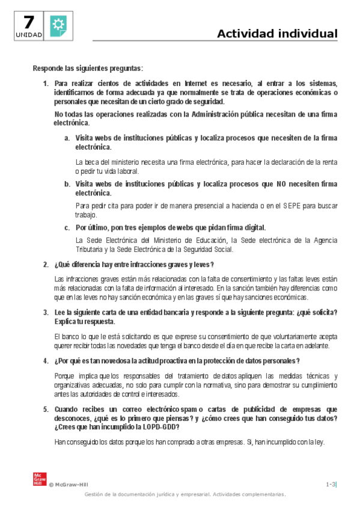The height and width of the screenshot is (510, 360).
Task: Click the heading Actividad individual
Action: [x=277, y=34]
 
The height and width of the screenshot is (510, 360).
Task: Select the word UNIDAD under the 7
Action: [x=28, y=35]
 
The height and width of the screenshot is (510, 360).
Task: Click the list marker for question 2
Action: [x=46, y=265]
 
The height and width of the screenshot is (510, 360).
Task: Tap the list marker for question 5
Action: [x=46, y=409]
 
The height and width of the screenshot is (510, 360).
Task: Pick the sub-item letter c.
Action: [x=67, y=227]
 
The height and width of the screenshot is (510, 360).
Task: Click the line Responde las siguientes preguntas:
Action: [x=88, y=68]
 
